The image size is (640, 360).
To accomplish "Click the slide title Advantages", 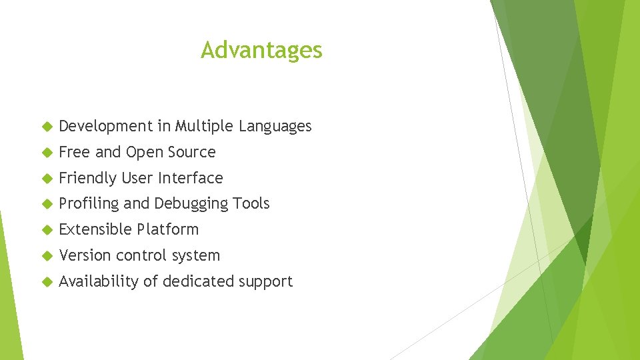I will coord(261,50).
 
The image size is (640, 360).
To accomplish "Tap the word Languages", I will coord(275,126).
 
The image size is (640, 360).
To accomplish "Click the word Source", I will coord(192,152).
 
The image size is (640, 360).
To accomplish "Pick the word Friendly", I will coord(87,178).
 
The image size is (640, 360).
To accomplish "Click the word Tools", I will coord(252,203).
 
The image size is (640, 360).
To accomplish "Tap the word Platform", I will coord(167,229).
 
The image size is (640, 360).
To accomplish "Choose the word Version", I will coord(85,255).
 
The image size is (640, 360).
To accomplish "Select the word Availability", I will coord(99,281).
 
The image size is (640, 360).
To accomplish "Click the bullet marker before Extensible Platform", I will coord(46,230).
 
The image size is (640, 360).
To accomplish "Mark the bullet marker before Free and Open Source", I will coord(46,153).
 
